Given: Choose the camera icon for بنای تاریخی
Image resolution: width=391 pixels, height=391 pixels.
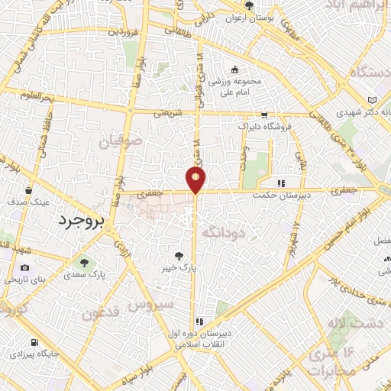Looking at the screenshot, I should tap(25, 268).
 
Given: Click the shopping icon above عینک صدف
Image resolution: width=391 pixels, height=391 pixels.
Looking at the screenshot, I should tap(28, 191).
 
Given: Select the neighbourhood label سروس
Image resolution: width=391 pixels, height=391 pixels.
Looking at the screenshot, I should tap(151, 304).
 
